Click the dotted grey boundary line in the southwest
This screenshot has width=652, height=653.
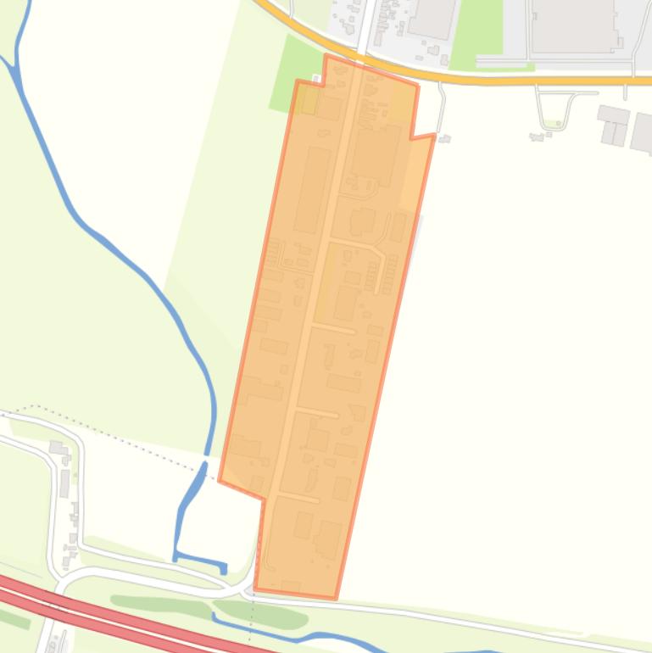pyautogui.click(x=127, y=433)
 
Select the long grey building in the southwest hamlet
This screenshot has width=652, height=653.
pyautogui.click(x=64, y=483)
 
